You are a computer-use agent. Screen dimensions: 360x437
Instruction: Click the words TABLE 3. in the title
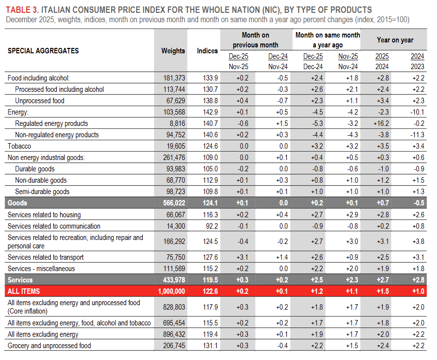(x=23, y=10)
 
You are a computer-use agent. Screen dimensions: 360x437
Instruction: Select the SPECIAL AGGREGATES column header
(x=43, y=51)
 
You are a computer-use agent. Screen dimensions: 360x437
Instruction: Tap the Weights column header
(x=173, y=51)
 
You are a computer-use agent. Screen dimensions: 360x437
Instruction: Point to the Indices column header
(x=207, y=51)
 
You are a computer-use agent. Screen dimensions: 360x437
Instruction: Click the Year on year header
(x=395, y=40)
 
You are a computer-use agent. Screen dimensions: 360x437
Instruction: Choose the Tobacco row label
(x=19, y=146)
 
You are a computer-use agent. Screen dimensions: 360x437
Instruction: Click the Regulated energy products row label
(x=51, y=123)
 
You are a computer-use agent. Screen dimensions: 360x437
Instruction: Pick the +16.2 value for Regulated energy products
(x=381, y=123)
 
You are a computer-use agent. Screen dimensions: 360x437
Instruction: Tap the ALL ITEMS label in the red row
(x=24, y=291)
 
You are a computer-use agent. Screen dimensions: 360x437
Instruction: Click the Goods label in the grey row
(x=17, y=203)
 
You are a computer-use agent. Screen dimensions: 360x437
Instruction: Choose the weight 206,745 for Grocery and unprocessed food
(x=173, y=346)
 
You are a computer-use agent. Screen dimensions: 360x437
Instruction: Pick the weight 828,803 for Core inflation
(x=173, y=307)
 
